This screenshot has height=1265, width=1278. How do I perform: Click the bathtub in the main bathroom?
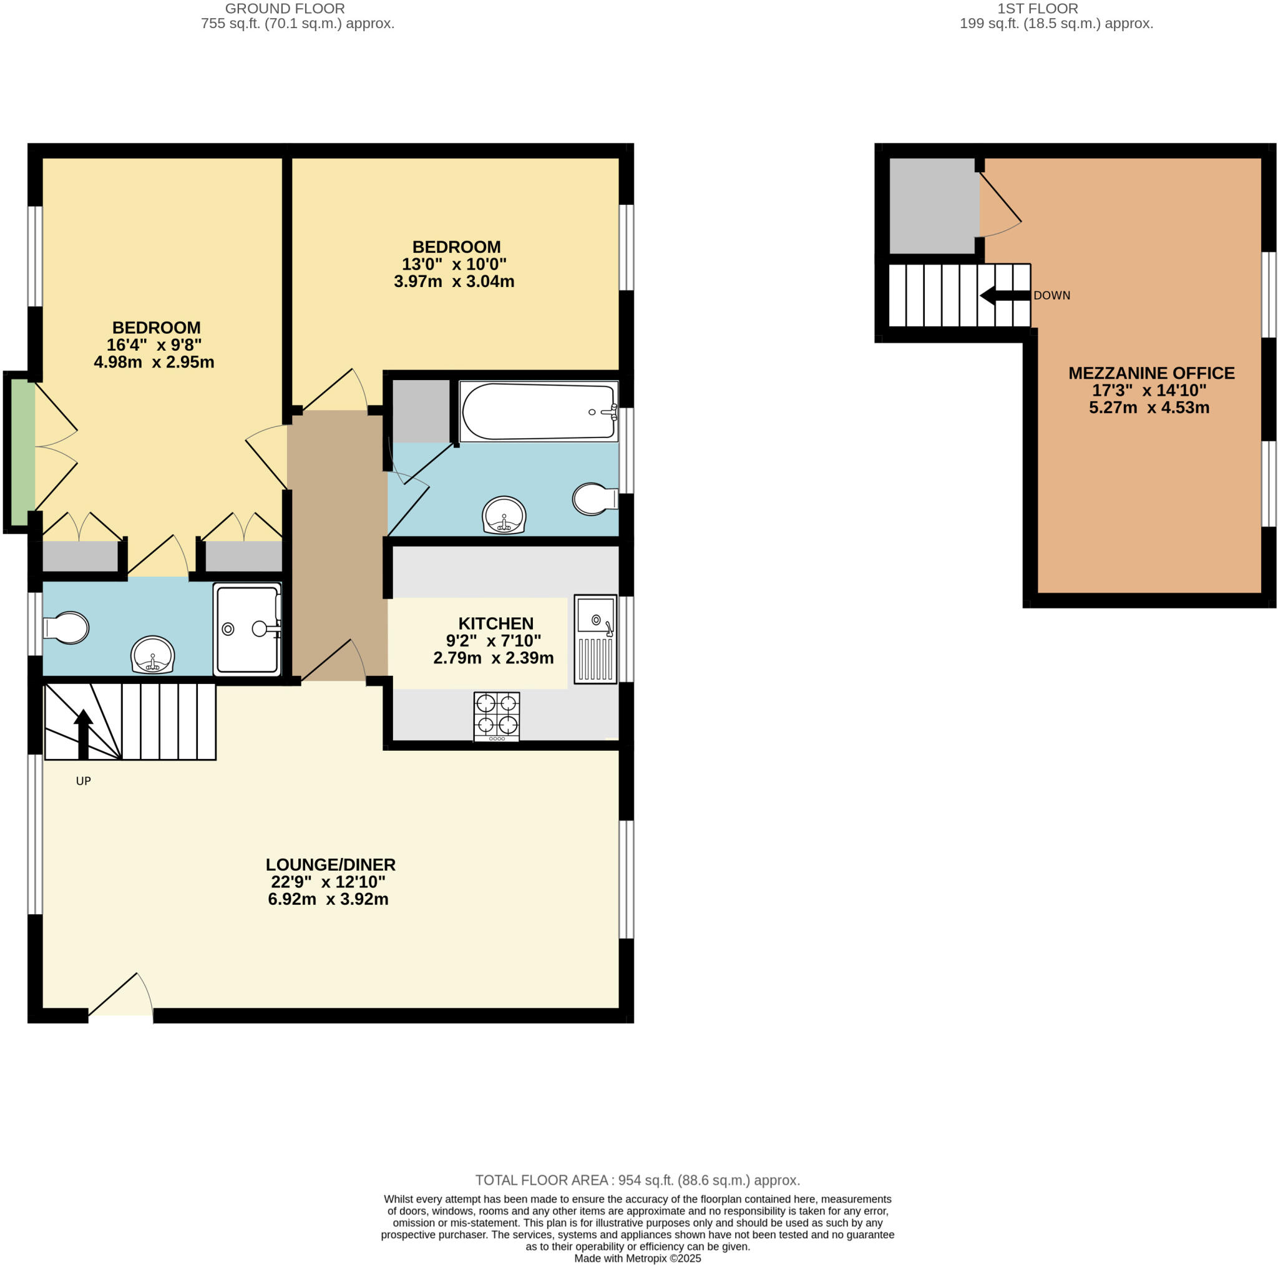coord(539,411)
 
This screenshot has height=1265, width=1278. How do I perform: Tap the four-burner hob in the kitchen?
coord(496,715)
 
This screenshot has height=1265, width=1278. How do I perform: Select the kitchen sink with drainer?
coord(595,638)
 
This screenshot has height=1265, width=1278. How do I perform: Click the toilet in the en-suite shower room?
coord(66,627)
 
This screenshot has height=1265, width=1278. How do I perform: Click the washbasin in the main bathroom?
coord(504,515)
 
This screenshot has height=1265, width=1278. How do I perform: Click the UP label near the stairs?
coord(84,781)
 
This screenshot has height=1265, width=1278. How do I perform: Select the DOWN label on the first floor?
coord(1051,295)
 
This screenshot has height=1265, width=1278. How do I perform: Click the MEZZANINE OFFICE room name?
coord(1151,373)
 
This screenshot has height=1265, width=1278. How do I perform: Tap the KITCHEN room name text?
coord(495,623)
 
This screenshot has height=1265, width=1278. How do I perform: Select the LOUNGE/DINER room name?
coord(330,864)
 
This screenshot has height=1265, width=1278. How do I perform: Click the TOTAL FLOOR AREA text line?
coord(637,1180)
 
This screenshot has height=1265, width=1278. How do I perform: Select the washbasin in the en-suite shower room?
coord(153,654)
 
